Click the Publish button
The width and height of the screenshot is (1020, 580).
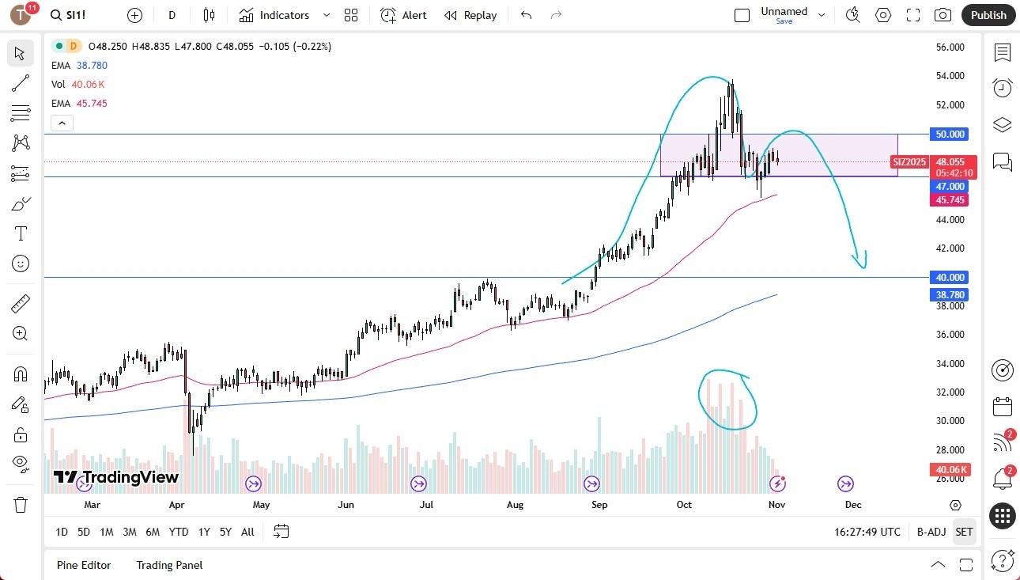point(988,15)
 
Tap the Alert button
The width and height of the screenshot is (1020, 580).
point(403,15)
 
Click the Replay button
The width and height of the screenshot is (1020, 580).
point(470,15)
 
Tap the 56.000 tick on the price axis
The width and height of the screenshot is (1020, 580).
point(950,47)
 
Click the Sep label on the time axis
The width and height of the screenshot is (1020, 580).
point(599,505)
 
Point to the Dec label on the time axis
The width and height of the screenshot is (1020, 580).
point(852,505)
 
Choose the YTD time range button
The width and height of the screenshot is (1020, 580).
point(179,532)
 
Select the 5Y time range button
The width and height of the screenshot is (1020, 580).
point(225,532)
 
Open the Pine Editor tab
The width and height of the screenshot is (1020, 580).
point(84,565)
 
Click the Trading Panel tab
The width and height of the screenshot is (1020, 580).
point(169,565)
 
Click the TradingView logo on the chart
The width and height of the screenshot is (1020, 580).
point(116,477)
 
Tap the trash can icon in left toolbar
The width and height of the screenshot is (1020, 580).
point(21,504)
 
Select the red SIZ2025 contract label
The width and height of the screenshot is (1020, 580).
point(909,162)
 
